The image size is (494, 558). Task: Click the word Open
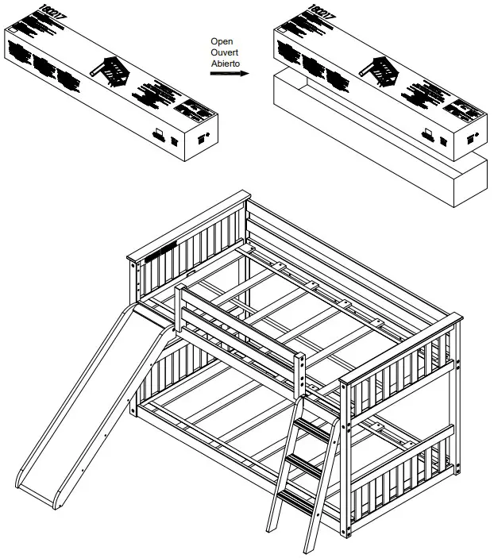click(221, 40)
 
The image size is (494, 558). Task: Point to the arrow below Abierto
click(228, 74)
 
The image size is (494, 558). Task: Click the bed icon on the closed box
click(110, 71)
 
